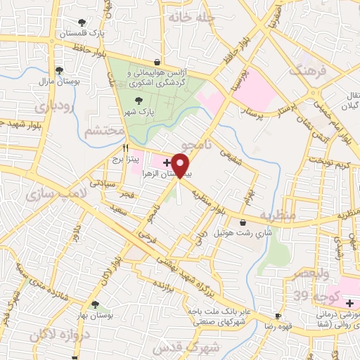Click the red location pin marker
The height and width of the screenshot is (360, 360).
point(181,166)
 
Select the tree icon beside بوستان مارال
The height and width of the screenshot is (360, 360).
point(60,70)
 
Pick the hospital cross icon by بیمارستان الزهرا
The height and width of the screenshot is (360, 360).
point(165,162)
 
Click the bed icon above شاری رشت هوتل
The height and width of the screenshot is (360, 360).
point(243,222)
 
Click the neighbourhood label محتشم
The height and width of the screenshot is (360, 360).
point(104,131)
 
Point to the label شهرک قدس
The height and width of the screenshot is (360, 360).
point(214,347)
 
